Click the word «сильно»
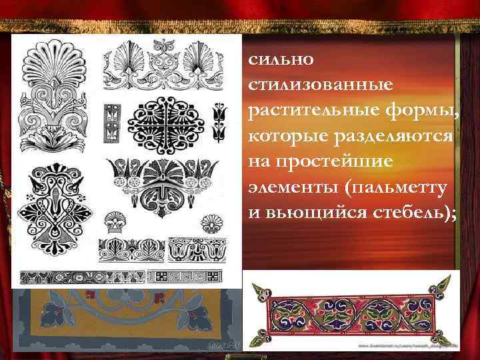pos(276,59)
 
